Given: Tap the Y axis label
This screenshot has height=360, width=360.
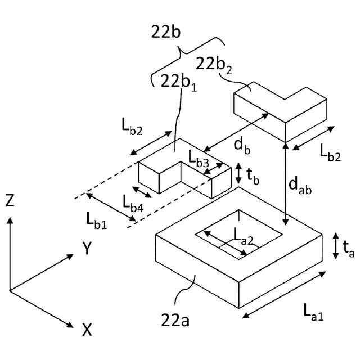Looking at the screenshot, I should coord(87,249).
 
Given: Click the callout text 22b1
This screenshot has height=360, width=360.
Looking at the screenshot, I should coord(178,82).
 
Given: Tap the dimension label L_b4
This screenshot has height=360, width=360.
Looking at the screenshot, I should coord(133,202).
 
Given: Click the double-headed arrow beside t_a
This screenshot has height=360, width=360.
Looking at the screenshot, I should coord(335,246).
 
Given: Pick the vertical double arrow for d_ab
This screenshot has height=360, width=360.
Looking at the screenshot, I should coord(287,183).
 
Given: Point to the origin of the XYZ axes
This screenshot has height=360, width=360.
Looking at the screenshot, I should coord(10,290).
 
